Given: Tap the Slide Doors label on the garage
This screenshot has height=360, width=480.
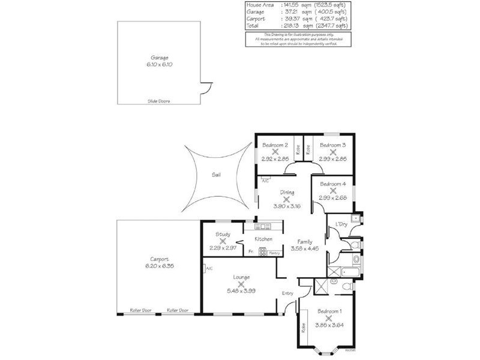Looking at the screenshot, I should (x=159, y=101).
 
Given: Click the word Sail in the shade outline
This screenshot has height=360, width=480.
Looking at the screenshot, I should (x=215, y=175).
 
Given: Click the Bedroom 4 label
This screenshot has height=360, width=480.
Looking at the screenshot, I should (x=333, y=184).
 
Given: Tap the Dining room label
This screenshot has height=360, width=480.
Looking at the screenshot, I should (x=286, y=193).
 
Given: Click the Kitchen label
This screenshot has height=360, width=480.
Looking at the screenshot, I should (x=264, y=239).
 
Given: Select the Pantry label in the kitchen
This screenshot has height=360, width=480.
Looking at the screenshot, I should (x=274, y=253).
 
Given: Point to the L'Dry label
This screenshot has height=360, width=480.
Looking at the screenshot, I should (x=341, y=224).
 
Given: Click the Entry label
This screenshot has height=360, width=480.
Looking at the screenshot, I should (x=288, y=293).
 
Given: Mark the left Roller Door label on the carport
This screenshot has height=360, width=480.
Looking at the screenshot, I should (x=141, y=310).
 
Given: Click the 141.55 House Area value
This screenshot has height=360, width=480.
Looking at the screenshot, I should (x=292, y=5).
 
